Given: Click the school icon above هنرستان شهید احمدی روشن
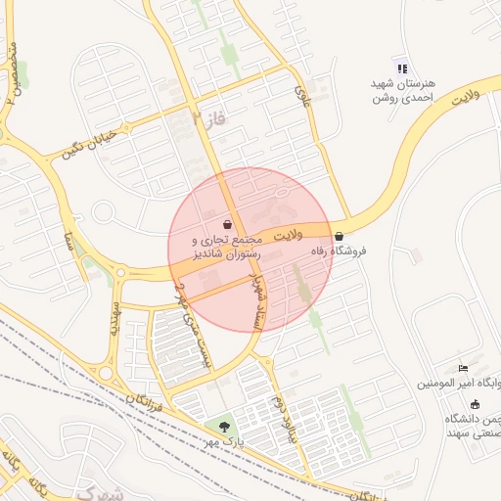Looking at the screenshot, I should click(x=399, y=65).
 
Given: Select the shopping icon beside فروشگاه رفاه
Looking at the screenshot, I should click(x=339, y=236).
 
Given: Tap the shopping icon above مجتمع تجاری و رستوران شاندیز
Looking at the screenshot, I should click(x=227, y=225).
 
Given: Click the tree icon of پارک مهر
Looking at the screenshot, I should click(x=226, y=427).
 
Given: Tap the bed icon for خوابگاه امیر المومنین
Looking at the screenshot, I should click(x=463, y=366).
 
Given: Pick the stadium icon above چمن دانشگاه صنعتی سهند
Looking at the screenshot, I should click(x=476, y=404).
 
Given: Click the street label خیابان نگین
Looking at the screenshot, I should click(x=89, y=145).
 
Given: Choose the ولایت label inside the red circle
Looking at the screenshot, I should click(x=292, y=236).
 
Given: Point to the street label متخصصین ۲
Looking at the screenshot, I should click(x=12, y=73).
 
